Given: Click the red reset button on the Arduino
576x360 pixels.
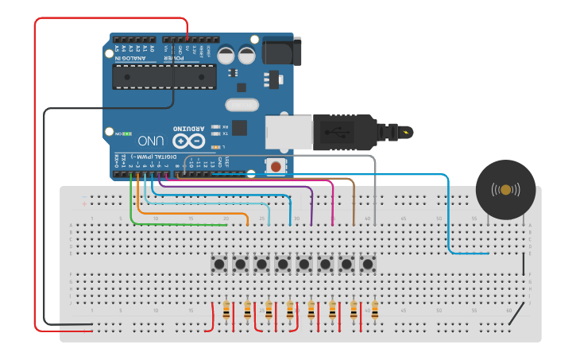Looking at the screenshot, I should pyautogui.click(x=275, y=166).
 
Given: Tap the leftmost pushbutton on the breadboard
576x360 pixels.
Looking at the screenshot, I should pyautogui.click(x=218, y=263).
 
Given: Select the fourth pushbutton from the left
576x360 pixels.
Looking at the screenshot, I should pyautogui.click(x=283, y=263).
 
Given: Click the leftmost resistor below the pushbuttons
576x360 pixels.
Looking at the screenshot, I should pyautogui.click(x=228, y=311).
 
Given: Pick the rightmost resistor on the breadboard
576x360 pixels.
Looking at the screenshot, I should pyautogui.click(x=374, y=311).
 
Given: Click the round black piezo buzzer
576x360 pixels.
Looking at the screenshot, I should pyautogui.click(x=505, y=190).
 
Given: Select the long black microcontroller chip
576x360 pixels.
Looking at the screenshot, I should pyautogui.click(x=164, y=75).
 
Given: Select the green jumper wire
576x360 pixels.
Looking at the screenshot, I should pyautogui.click(x=175, y=224).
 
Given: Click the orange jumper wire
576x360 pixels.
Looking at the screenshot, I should pyautogui.click(x=191, y=212).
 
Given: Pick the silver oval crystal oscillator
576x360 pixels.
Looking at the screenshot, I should pyautogui.click(x=242, y=104).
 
